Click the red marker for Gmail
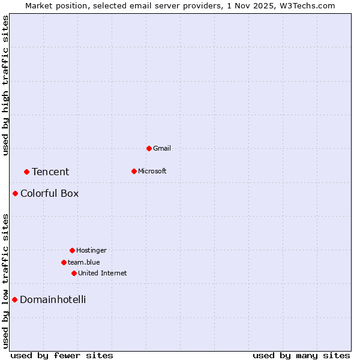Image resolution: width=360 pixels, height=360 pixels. (149, 148)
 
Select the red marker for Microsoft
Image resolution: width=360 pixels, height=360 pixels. (134, 171)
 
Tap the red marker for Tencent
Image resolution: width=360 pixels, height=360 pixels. (26, 172)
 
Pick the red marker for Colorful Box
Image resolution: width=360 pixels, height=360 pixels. (15, 193)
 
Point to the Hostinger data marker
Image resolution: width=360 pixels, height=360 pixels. (72, 250)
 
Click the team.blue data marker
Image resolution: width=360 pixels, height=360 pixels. (64, 262)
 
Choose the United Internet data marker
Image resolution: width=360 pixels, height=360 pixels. (74, 273)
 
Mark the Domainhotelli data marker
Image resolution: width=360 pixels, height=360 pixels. (14, 299)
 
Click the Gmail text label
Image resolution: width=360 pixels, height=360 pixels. (162, 148)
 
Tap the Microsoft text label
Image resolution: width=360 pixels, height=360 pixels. (152, 171)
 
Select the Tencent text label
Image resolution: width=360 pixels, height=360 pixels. (50, 172)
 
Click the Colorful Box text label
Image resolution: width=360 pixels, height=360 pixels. (49, 193)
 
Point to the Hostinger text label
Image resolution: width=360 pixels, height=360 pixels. (91, 250)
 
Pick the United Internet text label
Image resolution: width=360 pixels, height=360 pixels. (103, 273)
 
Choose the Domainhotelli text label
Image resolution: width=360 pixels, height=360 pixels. (53, 299)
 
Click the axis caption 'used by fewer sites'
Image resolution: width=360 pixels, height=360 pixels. (62, 355)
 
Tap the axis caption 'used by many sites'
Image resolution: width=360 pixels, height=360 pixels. (301, 355)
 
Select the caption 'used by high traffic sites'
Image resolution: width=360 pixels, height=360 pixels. (5, 85)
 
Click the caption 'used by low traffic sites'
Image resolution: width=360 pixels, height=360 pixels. (5, 281)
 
